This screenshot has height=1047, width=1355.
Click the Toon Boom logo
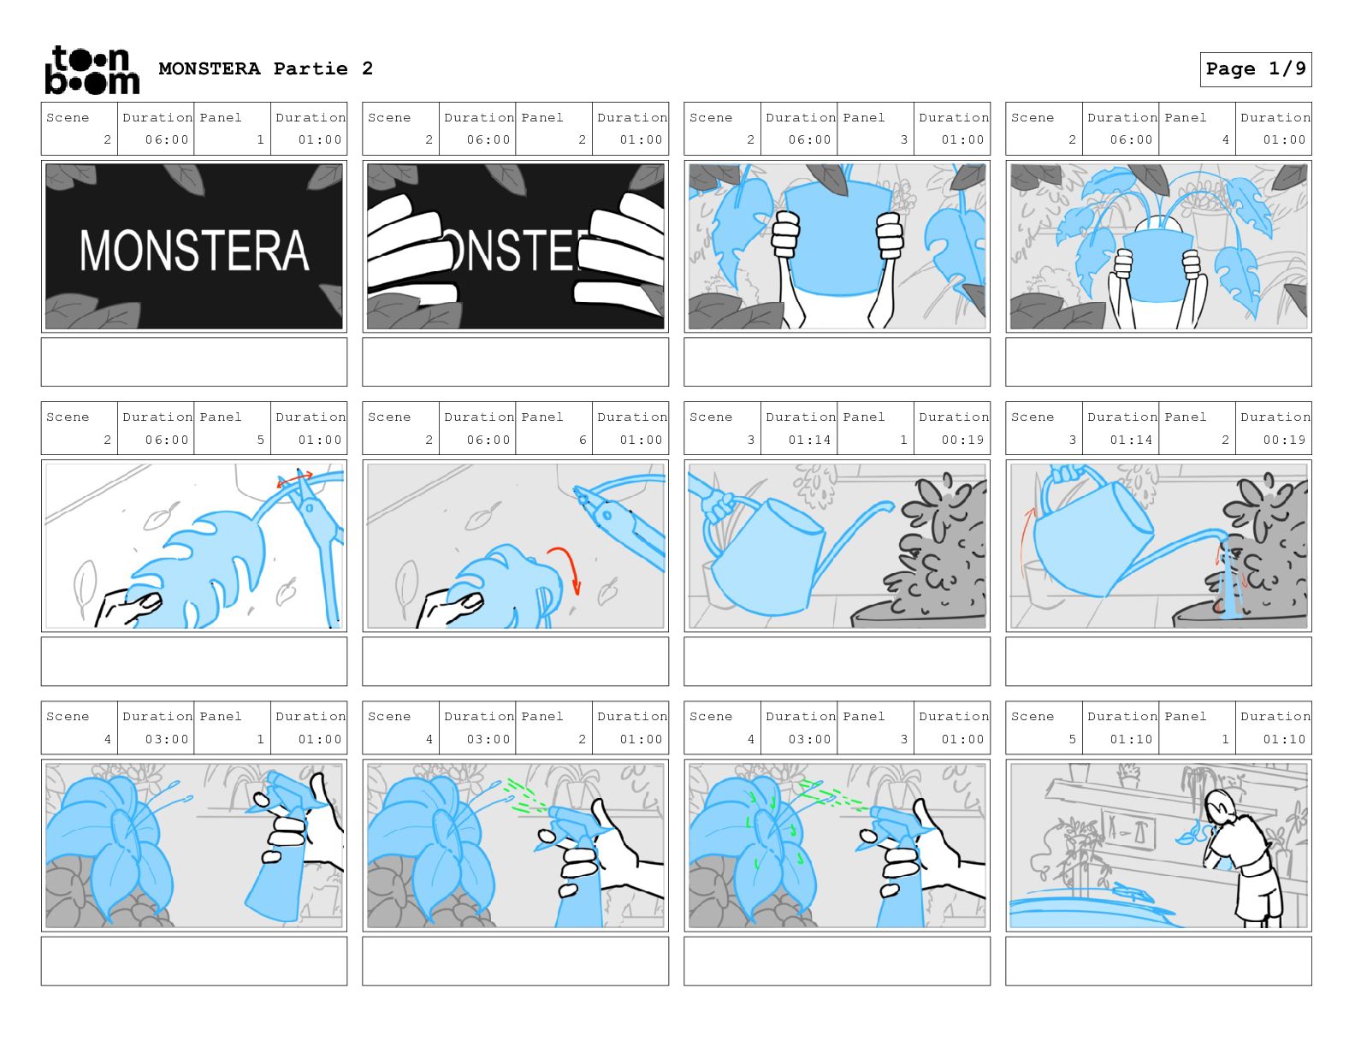(92, 70)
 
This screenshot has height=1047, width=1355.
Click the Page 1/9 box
(1255, 69)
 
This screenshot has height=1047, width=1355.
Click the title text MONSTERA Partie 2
(265, 69)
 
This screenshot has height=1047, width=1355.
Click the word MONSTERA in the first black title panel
(194, 251)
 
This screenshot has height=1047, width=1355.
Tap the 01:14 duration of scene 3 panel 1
(809, 440)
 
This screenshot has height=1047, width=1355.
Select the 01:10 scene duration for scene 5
(1131, 739)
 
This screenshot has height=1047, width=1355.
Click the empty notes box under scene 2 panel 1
(194, 362)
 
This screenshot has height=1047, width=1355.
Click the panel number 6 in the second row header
(583, 440)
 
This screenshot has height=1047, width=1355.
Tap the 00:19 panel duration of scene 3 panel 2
(1284, 440)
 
